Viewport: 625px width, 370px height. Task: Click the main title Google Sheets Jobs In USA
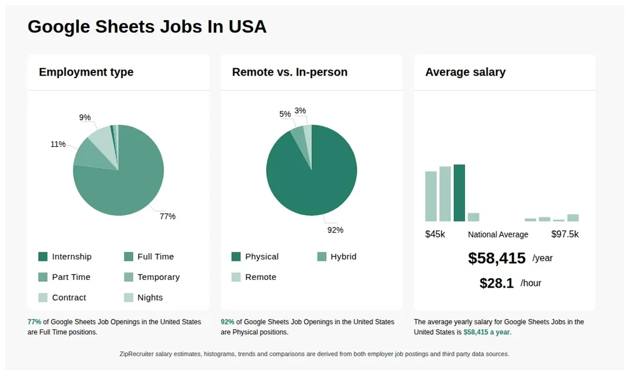[147, 26]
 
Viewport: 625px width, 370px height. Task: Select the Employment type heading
[86, 72]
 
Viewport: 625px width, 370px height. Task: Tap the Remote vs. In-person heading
[289, 72]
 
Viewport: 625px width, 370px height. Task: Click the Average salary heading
[465, 72]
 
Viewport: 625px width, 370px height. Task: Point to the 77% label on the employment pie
[167, 216]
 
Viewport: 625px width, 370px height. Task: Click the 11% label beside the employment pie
[58, 144]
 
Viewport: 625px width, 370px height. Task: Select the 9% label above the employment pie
[85, 117]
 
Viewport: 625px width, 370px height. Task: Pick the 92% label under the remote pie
[336, 230]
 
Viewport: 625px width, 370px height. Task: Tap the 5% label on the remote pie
[285, 114]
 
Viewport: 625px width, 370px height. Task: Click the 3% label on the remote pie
[301, 111]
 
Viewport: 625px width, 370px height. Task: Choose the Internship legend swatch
[43, 257]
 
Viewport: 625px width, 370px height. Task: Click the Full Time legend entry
[156, 257]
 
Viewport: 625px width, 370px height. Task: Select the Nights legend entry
[150, 297]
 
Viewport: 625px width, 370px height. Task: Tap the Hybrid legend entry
[343, 257]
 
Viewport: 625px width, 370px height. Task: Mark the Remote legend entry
[261, 277]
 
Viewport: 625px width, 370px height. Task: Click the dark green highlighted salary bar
[459, 192]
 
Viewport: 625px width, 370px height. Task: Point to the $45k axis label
[435, 234]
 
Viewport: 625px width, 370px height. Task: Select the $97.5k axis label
[565, 234]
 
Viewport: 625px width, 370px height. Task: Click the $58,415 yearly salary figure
[497, 258]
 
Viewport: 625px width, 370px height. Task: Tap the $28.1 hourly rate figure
[496, 283]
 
